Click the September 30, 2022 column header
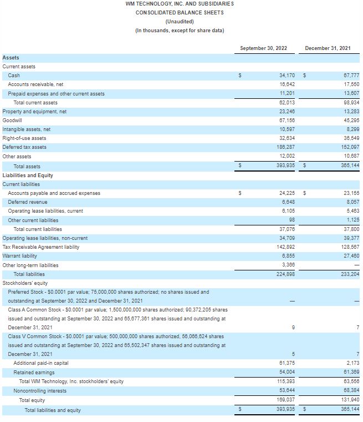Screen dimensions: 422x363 [x=263, y=48]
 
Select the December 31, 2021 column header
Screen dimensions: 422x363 [x=328, y=48]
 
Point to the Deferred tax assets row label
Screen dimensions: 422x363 [x=24, y=147]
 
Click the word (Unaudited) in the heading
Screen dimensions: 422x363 [x=180, y=21]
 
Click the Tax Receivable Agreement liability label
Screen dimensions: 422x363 [x=41, y=247]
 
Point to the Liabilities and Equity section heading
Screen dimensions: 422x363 [x=28, y=175]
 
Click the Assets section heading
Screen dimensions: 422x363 [x=11, y=57]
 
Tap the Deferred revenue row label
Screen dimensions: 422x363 [x=28, y=202]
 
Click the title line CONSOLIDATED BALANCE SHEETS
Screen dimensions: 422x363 [x=180, y=12]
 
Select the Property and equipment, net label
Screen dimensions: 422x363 [x=34, y=111]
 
